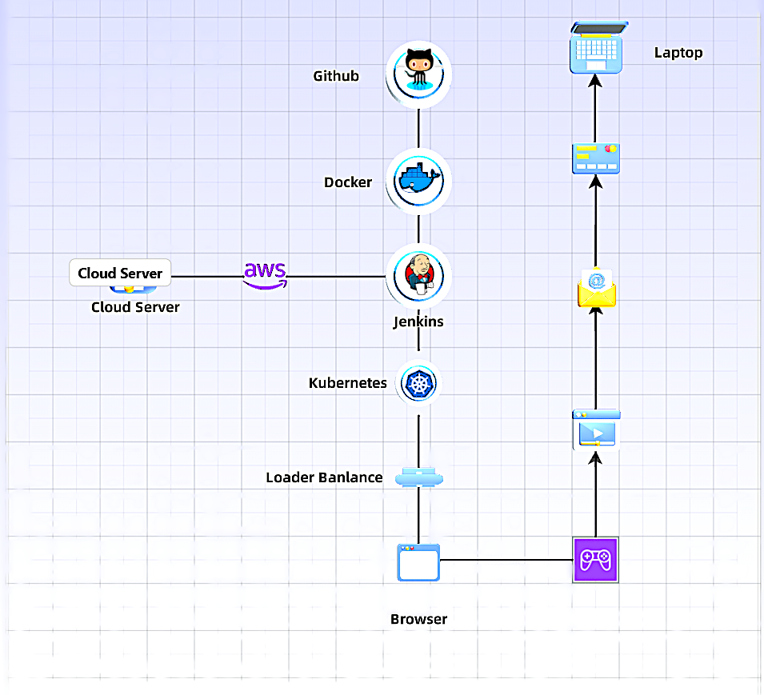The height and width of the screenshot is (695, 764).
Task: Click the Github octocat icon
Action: pyautogui.click(x=418, y=74)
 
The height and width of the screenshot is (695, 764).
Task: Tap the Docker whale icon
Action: pyautogui.click(x=418, y=181)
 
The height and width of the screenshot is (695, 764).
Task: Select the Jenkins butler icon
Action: pyautogui.click(x=418, y=276)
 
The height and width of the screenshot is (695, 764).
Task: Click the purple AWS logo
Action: pyautogui.click(x=265, y=274)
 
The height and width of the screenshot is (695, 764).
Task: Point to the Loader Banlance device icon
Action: pyautogui.click(x=418, y=477)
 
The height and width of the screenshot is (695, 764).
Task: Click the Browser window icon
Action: pyautogui.click(x=418, y=562)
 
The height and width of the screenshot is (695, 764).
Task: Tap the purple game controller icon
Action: pyautogui.click(x=596, y=560)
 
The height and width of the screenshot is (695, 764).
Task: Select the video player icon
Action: pyautogui.click(x=596, y=431)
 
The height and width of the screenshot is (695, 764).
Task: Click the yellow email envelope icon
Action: pyautogui.click(x=596, y=290)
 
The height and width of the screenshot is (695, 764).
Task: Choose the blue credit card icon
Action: pyautogui.click(x=596, y=158)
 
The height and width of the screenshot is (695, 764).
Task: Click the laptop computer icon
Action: pyautogui.click(x=596, y=50)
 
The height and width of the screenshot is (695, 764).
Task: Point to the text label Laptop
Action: pyautogui.click(x=678, y=53)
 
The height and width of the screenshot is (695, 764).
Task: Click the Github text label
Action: pyautogui.click(x=336, y=77)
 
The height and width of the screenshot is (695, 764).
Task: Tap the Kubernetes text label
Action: pyautogui.click(x=347, y=383)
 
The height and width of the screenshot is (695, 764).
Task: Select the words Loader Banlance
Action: pyautogui.click(x=324, y=477)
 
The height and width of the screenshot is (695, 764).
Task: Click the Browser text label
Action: pyautogui.click(x=418, y=619)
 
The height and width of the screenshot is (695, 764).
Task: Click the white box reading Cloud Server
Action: pyautogui.click(x=120, y=274)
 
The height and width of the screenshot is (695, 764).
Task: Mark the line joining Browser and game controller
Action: pyautogui.click(x=506, y=559)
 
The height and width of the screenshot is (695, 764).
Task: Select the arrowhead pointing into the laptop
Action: pyautogui.click(x=594, y=81)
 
